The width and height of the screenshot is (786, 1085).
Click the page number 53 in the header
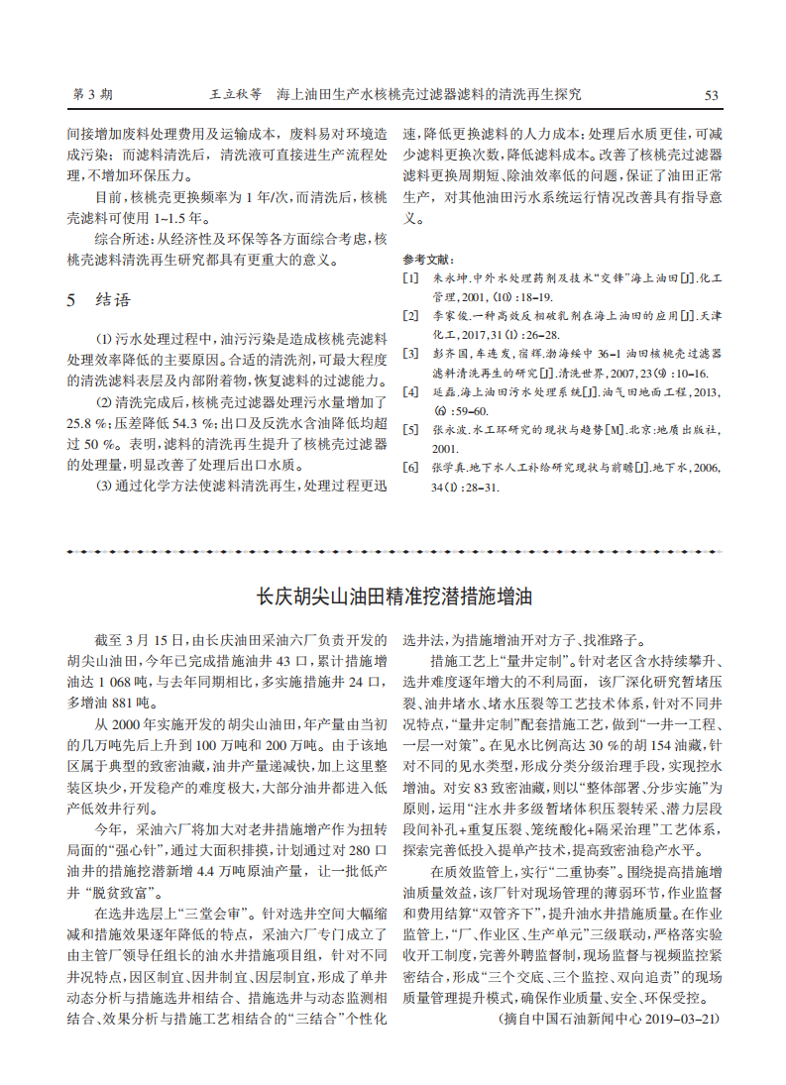[711, 95]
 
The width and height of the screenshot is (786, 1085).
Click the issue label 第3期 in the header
[93, 95]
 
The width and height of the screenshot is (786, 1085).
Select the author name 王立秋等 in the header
[235, 95]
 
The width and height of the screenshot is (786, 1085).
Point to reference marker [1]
[410, 278]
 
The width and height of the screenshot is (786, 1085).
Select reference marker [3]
[410, 353]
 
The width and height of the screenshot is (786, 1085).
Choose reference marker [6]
[410, 466]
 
